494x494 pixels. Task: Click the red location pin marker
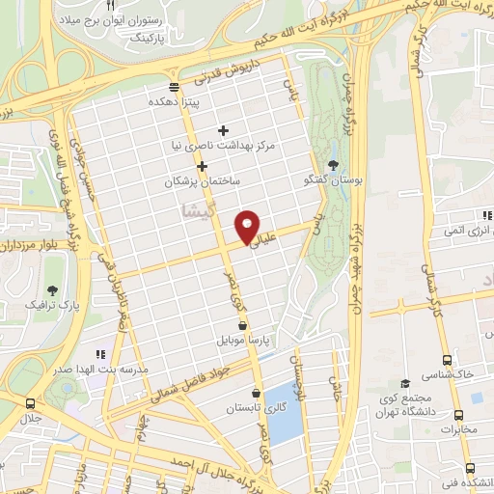[x=248, y=227]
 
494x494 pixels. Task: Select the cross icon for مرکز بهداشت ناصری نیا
[x=223, y=129]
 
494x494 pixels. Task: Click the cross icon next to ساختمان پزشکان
[x=202, y=166]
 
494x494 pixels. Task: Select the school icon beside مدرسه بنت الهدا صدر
[x=100, y=354]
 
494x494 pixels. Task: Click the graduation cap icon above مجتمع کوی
[x=405, y=383]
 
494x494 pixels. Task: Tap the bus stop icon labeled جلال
[x=31, y=404]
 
